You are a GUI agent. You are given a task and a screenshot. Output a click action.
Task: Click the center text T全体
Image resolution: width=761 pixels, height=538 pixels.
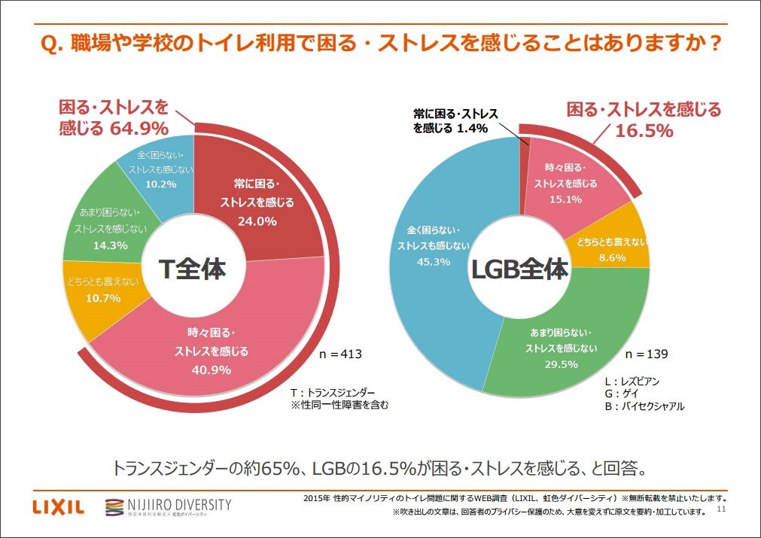(193, 269)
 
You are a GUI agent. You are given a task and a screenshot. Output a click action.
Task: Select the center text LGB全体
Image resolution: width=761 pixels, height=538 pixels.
(519, 269)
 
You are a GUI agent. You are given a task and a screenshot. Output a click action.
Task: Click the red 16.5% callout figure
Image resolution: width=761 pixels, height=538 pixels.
(644, 131)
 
